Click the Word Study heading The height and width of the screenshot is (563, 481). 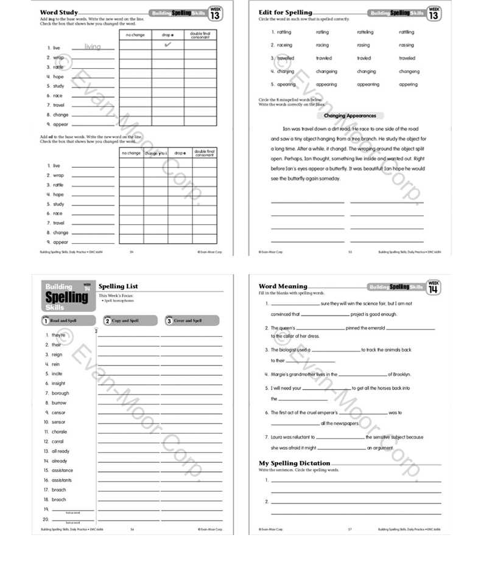[58, 12]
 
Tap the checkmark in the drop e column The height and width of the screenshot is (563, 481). [167, 45]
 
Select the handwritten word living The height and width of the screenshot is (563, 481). [93, 47]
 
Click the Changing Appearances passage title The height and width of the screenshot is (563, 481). [349, 116]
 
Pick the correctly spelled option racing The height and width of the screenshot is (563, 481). [322, 45]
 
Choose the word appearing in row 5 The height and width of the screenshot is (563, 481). [326, 85]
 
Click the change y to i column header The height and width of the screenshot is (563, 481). [155, 153]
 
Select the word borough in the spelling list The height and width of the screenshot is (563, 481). [60, 393]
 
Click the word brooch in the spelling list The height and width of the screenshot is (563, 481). [59, 500]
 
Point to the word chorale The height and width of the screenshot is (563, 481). [60, 432]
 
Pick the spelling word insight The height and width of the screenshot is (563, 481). [58, 384]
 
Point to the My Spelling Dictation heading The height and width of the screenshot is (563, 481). [295, 463]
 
